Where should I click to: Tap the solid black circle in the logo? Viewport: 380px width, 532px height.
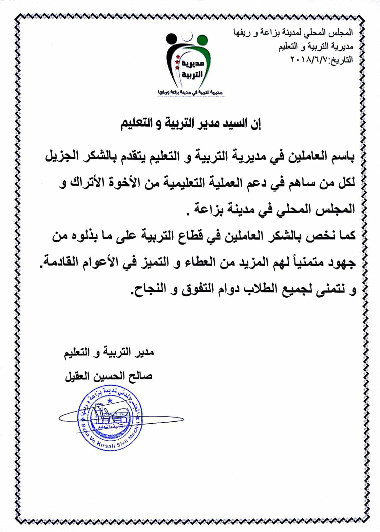coord(171,39)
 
